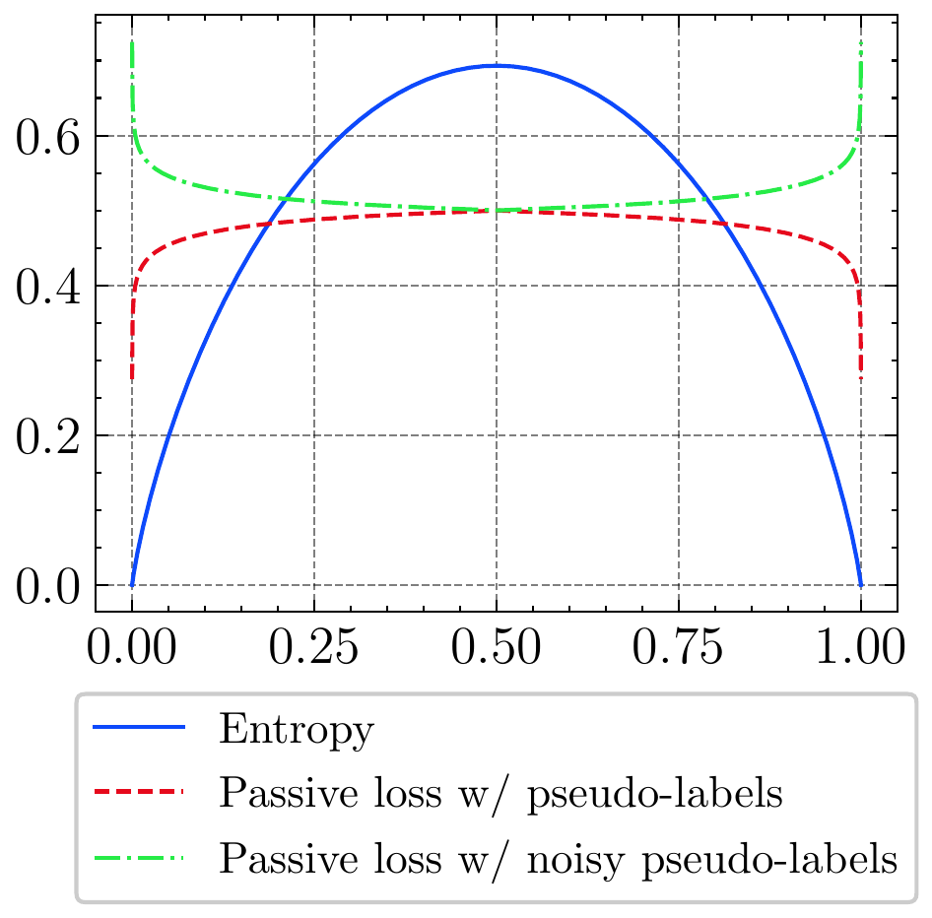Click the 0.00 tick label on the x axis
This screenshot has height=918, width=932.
[x=132, y=651]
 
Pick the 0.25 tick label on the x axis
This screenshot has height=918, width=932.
[x=314, y=651]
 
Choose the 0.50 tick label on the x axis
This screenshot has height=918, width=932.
[x=497, y=651]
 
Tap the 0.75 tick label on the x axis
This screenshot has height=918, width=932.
[x=679, y=651]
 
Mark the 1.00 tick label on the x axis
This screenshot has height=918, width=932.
[x=860, y=651]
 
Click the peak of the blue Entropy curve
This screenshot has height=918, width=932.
[x=497, y=66]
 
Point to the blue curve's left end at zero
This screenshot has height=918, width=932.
[x=132, y=584]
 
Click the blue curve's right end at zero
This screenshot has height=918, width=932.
[x=861, y=584]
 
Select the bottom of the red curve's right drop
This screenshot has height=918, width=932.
[x=861, y=377]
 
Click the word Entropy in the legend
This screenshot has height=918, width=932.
[x=297, y=732]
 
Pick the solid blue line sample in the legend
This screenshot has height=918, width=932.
[x=139, y=729]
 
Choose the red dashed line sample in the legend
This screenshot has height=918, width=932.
[x=139, y=793]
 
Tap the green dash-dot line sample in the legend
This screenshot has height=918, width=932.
[x=139, y=857]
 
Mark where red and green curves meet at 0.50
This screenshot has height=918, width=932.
[x=497, y=210]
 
